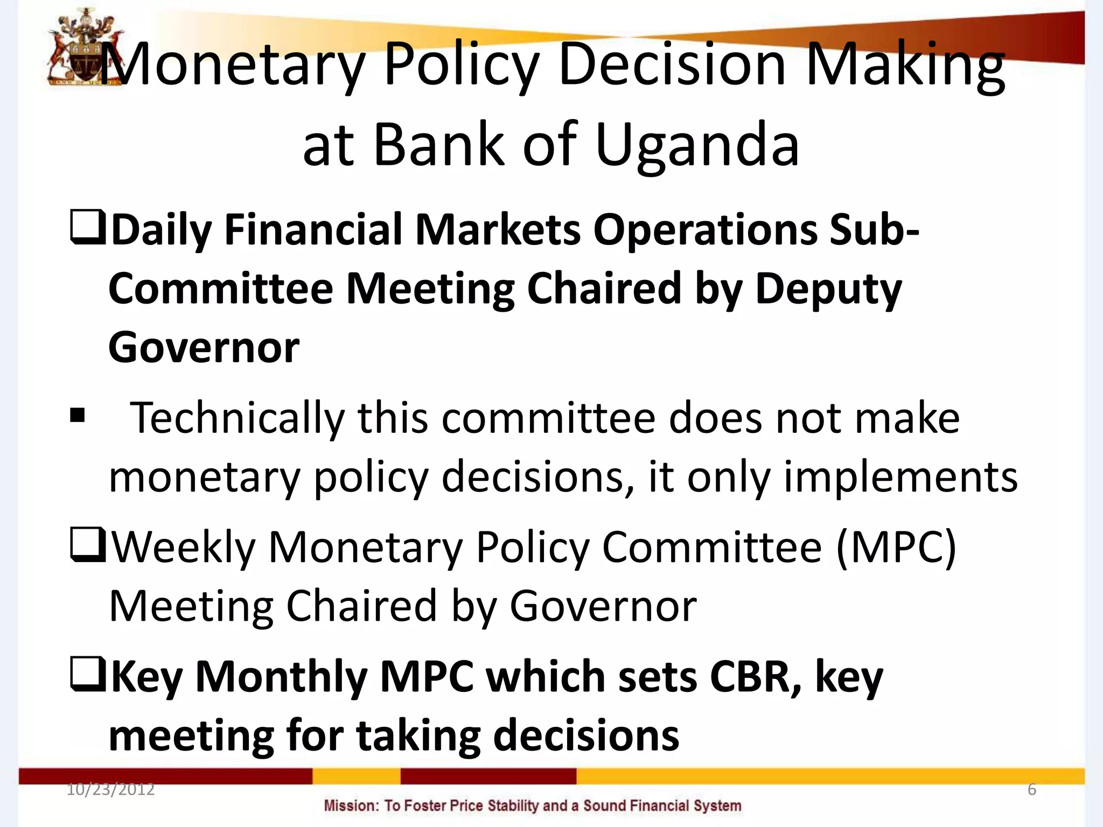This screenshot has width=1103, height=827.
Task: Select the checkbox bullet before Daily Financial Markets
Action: tap(87, 228)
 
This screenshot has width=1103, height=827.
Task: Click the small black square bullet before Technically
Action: tap(78, 416)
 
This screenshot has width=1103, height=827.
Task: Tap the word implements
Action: tap(900, 477)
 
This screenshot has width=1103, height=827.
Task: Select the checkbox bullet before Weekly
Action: tap(87, 545)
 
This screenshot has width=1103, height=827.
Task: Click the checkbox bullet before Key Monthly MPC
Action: tap(87, 675)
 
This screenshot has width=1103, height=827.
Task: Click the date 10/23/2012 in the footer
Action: tap(110, 789)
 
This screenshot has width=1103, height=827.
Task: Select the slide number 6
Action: tap(1032, 789)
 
